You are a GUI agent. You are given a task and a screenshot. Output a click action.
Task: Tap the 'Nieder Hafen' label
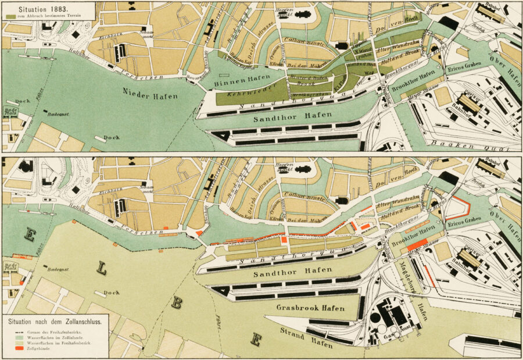151,92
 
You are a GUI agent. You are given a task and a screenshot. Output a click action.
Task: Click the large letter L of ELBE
102,270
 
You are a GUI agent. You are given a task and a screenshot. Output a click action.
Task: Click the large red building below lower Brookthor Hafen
417,245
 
